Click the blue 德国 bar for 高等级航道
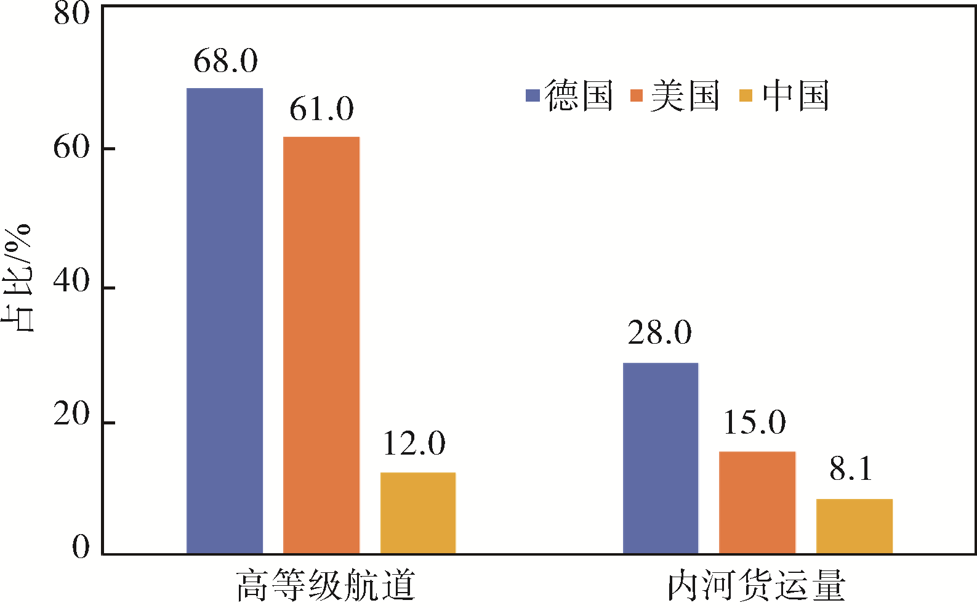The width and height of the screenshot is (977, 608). (x=225, y=320)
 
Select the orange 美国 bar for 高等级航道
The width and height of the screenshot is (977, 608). (x=321, y=345)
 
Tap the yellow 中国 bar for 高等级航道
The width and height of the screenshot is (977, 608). (x=418, y=513)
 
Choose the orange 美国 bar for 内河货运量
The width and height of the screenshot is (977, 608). (x=757, y=502)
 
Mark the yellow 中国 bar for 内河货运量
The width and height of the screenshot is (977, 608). (x=854, y=526)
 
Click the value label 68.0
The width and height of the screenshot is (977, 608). (x=225, y=61)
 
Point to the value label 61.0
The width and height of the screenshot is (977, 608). (x=321, y=109)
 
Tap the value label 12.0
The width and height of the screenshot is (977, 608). (x=414, y=444)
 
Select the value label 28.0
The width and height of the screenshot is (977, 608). (x=660, y=333)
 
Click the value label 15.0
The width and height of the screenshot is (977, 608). (x=754, y=423)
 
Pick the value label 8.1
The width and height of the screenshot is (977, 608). (x=851, y=469)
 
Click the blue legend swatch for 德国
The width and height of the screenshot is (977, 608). (x=533, y=95)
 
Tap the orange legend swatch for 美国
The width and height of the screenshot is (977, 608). (x=637, y=95)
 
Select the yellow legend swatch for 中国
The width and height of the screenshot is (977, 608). (x=746, y=95)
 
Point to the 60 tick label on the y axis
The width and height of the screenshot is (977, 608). (x=71, y=148)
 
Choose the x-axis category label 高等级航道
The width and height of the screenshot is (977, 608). (x=326, y=586)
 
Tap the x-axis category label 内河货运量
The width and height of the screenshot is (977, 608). (x=757, y=586)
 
